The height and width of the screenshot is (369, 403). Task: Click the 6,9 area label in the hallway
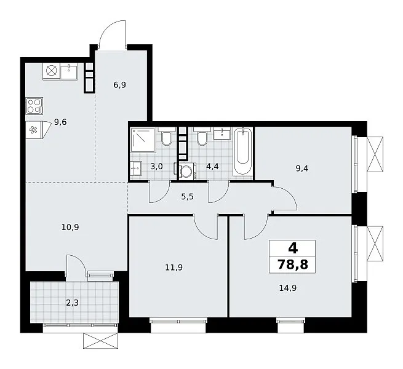point(119,84)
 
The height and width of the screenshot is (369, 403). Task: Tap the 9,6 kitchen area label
point(60,122)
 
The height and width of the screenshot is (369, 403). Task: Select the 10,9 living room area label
point(70,227)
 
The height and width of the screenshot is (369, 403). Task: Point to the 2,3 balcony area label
point(72,303)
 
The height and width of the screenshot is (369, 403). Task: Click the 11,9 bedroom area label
point(174,268)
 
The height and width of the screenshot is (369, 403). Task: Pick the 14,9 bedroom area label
point(288,288)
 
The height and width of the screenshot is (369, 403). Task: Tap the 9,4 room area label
point(302,169)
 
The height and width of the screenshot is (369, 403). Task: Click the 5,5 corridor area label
point(188,197)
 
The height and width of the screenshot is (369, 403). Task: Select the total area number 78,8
point(293,264)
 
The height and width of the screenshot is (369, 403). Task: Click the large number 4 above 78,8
point(293,248)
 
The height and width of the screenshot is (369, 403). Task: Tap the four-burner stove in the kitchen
point(34,106)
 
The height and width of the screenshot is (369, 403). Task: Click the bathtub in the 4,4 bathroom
point(243,153)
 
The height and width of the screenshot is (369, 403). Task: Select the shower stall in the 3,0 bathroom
point(143,140)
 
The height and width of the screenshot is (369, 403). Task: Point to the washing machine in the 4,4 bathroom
point(188,170)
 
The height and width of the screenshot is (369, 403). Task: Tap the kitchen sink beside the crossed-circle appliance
point(69,71)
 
